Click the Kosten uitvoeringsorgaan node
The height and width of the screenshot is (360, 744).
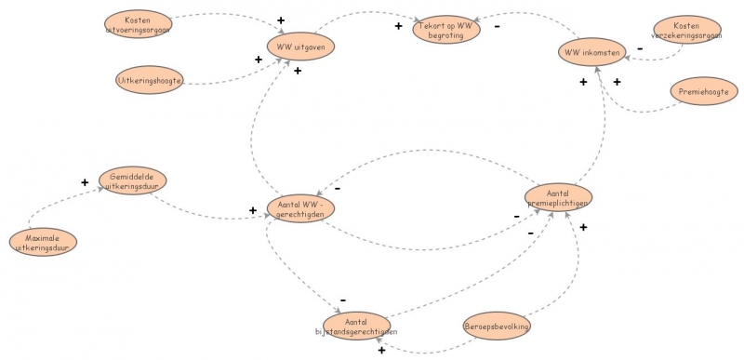[x=138, y=23]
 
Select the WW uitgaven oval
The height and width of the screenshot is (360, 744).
[x=300, y=46]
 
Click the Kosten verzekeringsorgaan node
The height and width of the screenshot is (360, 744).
[x=687, y=31]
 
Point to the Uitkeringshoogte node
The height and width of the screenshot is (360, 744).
[x=150, y=81]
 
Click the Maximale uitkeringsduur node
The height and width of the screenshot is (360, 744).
[x=43, y=243]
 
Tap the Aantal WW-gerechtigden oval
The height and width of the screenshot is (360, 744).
[x=300, y=209]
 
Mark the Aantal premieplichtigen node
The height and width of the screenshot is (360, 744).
[x=557, y=196]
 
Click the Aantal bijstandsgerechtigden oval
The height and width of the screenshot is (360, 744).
[x=356, y=326]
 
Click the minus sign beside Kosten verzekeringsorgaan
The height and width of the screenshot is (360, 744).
[x=639, y=47]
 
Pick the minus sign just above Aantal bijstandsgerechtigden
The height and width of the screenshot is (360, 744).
[x=343, y=300]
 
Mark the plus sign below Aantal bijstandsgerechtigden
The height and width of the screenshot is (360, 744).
[x=381, y=351]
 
